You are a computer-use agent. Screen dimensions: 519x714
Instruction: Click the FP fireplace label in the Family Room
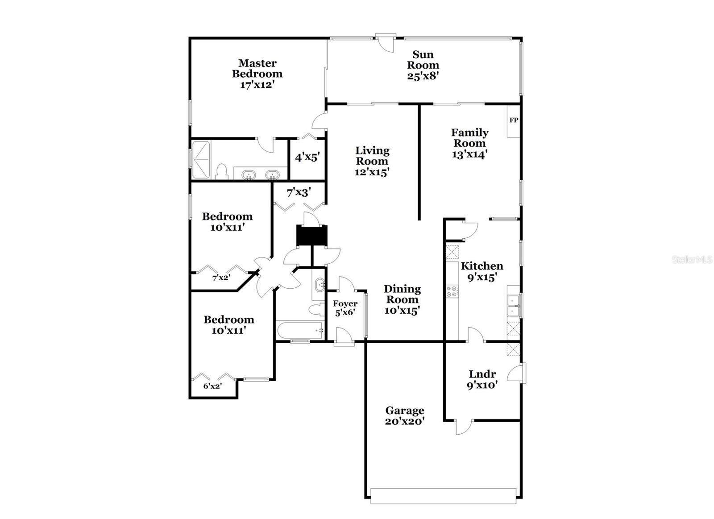pos(514,120)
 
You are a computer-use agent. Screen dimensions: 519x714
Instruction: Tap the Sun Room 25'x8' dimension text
pos(423,76)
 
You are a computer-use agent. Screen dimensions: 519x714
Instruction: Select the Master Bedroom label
pos(257,68)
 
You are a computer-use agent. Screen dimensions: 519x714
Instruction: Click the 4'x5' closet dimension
pos(307,157)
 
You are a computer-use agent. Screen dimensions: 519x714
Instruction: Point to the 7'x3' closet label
pos(299,192)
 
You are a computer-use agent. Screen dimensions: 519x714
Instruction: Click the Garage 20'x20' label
pos(405,415)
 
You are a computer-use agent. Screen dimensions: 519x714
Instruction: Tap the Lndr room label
pos(482,374)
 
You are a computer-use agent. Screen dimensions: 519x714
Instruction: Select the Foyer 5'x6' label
pos(345,308)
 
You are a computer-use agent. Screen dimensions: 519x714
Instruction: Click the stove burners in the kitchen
pos(452,291)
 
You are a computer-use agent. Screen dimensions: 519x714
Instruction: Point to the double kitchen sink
pos(513,306)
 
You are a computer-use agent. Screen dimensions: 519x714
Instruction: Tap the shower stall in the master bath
pos(200,160)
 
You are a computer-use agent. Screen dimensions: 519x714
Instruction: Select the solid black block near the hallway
pos(312,235)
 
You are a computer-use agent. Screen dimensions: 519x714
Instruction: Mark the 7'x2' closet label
pos(221,278)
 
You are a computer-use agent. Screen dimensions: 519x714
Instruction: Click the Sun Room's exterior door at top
pos(386,43)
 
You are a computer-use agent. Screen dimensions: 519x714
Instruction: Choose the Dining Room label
pos(402,299)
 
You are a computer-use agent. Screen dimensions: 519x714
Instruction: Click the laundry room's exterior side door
pos(522,373)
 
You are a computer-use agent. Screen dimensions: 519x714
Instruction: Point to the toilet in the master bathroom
pos(222,172)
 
